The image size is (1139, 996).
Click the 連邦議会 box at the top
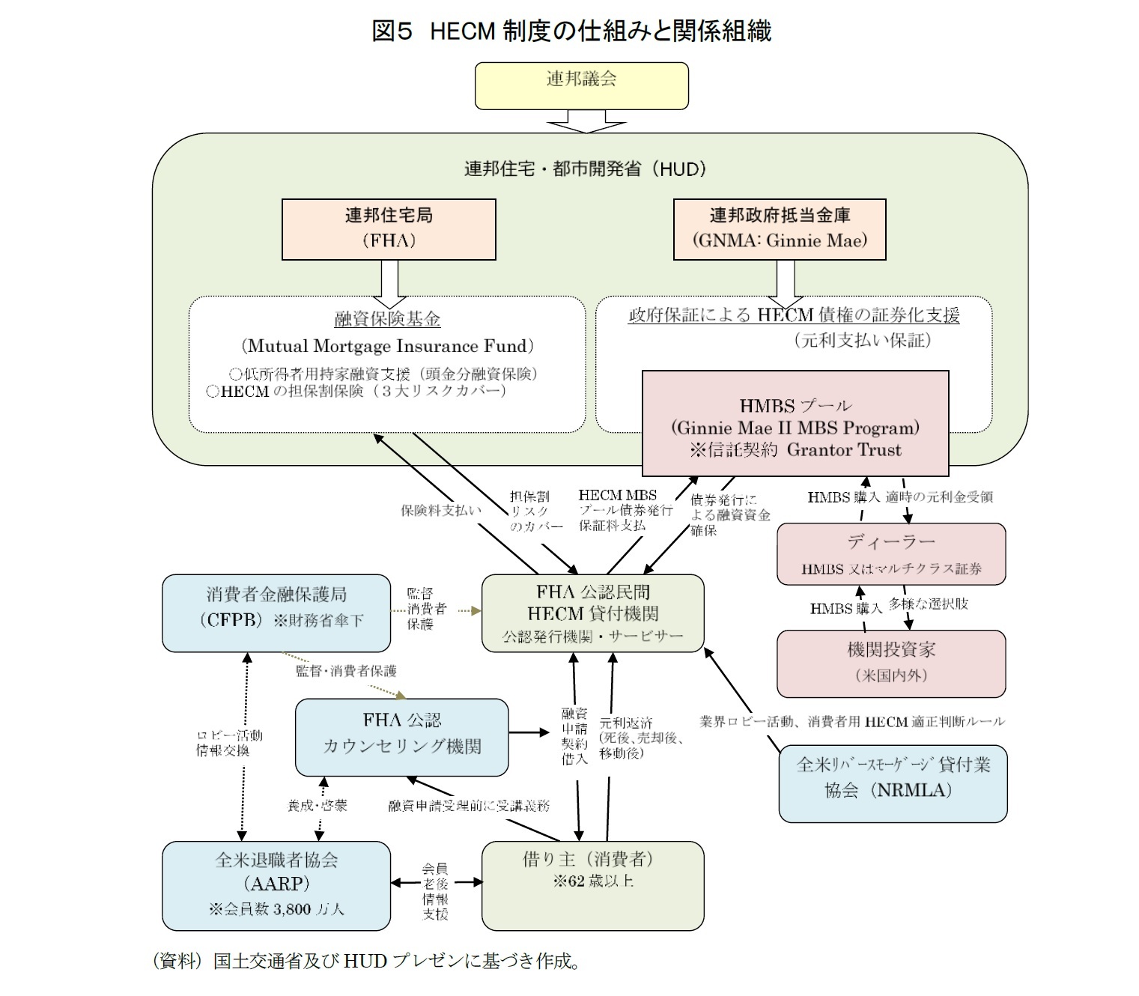[x=582, y=85]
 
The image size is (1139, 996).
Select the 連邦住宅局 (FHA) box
[x=389, y=228]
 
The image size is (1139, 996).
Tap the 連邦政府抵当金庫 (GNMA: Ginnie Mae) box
[x=780, y=228]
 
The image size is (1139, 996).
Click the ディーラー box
[x=891, y=554]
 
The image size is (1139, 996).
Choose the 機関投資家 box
[x=891, y=663]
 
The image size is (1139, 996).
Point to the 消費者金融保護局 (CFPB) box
[x=276, y=612]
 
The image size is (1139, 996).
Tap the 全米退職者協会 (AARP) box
[x=276, y=885]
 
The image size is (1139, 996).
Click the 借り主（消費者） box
[x=592, y=885]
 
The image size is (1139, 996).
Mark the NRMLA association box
[x=893, y=783]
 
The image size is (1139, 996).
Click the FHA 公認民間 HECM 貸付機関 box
[x=592, y=613]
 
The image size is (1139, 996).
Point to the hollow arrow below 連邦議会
[x=586, y=121]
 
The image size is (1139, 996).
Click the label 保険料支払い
[x=441, y=511]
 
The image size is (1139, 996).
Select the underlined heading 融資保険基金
[x=387, y=320]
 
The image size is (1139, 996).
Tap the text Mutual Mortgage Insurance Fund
[x=387, y=346]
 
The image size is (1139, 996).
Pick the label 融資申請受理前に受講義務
[x=469, y=806]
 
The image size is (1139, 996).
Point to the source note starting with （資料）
[x=366, y=961]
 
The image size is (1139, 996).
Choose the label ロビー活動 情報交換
[x=229, y=743]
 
